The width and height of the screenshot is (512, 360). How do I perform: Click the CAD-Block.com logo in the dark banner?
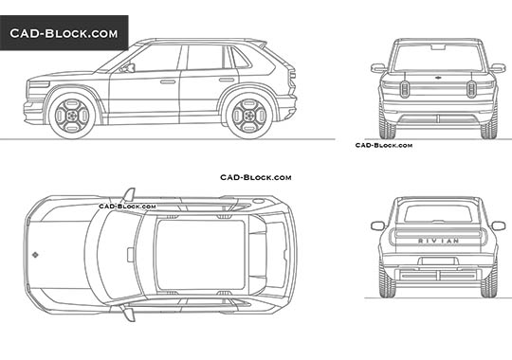[64, 34]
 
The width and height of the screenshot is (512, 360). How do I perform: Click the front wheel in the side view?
[72, 112]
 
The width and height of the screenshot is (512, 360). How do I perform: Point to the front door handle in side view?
[167, 81]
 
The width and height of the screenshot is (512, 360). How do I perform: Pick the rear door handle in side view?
[226, 80]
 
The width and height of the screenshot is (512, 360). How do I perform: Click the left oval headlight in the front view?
[404, 88]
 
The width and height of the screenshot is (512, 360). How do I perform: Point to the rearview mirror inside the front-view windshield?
[437, 46]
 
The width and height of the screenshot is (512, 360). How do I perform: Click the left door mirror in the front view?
[378, 68]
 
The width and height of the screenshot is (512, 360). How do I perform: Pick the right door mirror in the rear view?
[498, 225]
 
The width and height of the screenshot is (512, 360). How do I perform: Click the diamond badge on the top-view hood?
[35, 254]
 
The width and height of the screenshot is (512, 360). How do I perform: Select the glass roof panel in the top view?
[194, 254]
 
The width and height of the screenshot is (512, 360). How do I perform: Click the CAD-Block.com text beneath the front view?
[383, 145]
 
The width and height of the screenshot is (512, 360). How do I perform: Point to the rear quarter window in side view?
[243, 59]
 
